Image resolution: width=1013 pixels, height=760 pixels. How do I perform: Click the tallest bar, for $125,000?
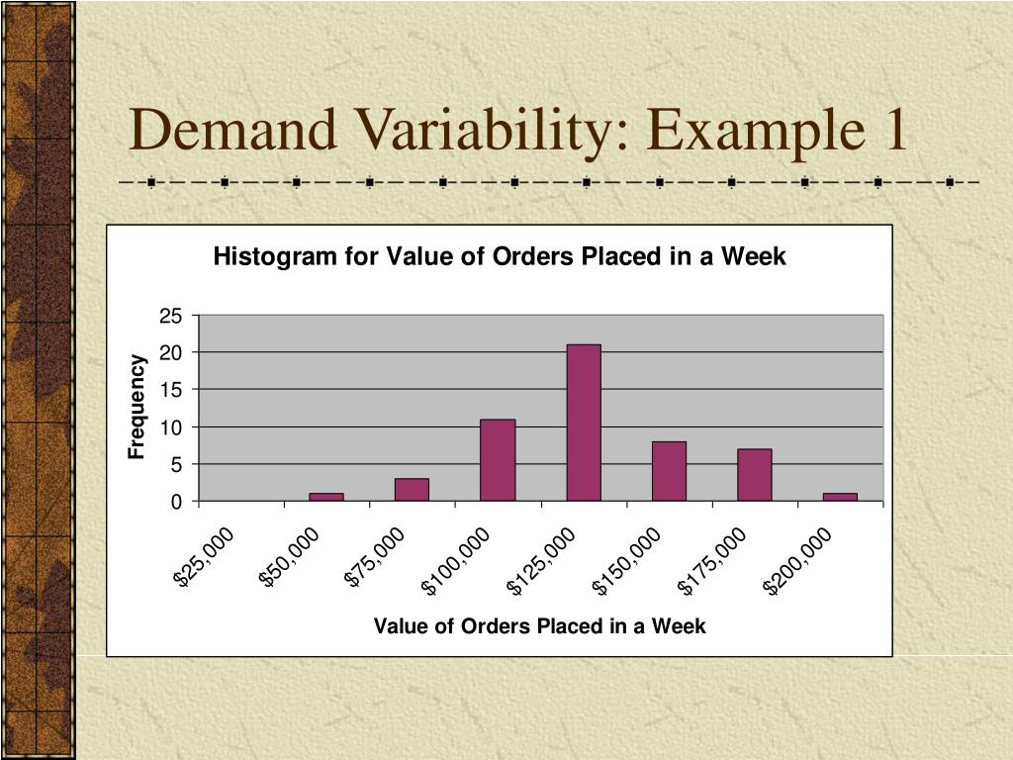[584, 423]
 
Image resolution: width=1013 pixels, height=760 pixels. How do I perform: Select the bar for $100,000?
[498, 460]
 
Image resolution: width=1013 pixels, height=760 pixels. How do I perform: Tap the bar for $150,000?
[669, 471]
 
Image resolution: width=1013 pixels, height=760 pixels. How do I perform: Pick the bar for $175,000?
[754, 475]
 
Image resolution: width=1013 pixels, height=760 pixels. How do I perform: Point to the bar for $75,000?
[412, 490]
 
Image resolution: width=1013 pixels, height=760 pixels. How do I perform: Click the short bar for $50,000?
[326, 497]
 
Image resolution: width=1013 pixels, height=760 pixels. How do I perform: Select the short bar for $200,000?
[840, 497]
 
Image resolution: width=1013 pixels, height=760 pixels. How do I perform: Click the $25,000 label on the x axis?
[205, 557]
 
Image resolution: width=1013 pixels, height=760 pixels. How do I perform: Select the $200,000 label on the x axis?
[798, 562]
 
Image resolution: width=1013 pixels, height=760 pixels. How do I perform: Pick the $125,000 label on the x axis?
[541, 562]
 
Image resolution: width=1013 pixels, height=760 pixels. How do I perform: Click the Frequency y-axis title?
[138, 407]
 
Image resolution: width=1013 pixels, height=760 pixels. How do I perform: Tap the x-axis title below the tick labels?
[539, 625]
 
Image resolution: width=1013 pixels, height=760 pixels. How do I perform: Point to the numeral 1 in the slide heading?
[892, 130]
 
